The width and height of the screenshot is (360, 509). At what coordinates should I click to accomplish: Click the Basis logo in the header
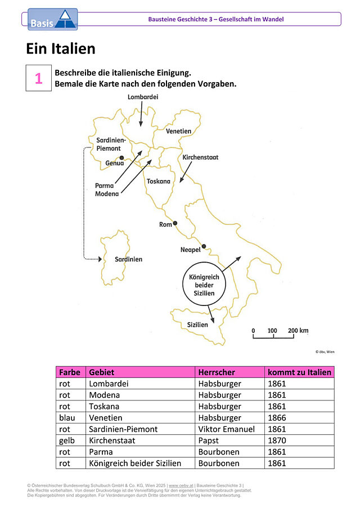click(52, 20)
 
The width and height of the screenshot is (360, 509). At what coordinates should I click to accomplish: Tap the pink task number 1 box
click(39, 78)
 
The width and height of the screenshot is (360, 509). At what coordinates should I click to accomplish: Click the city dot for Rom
click(175, 223)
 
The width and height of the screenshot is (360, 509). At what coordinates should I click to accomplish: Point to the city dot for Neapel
click(204, 246)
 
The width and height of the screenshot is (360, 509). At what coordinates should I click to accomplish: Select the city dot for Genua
click(121, 158)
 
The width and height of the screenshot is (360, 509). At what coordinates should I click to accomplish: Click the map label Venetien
click(178, 131)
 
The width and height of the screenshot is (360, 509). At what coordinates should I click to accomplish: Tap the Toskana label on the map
click(159, 181)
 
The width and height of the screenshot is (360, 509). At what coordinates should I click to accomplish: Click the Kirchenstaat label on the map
click(200, 157)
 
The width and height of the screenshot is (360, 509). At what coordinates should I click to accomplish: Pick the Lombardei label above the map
click(143, 97)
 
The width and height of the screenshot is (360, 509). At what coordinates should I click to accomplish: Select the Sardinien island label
click(129, 259)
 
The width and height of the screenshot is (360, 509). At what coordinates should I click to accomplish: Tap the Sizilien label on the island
click(197, 325)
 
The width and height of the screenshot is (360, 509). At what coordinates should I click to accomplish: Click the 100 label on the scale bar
click(272, 331)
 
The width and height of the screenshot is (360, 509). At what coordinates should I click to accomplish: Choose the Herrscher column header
click(217, 372)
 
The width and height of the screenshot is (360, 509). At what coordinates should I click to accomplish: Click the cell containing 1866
click(299, 418)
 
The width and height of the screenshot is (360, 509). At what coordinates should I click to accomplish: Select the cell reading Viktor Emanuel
click(230, 429)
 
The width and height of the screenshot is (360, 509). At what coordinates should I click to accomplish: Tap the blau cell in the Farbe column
click(71, 418)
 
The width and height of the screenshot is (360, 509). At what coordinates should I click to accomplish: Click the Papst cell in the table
click(230, 440)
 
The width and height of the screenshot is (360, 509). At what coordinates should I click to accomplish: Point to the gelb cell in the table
click(71, 440)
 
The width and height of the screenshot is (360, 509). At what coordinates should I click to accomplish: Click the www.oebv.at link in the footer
click(181, 485)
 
